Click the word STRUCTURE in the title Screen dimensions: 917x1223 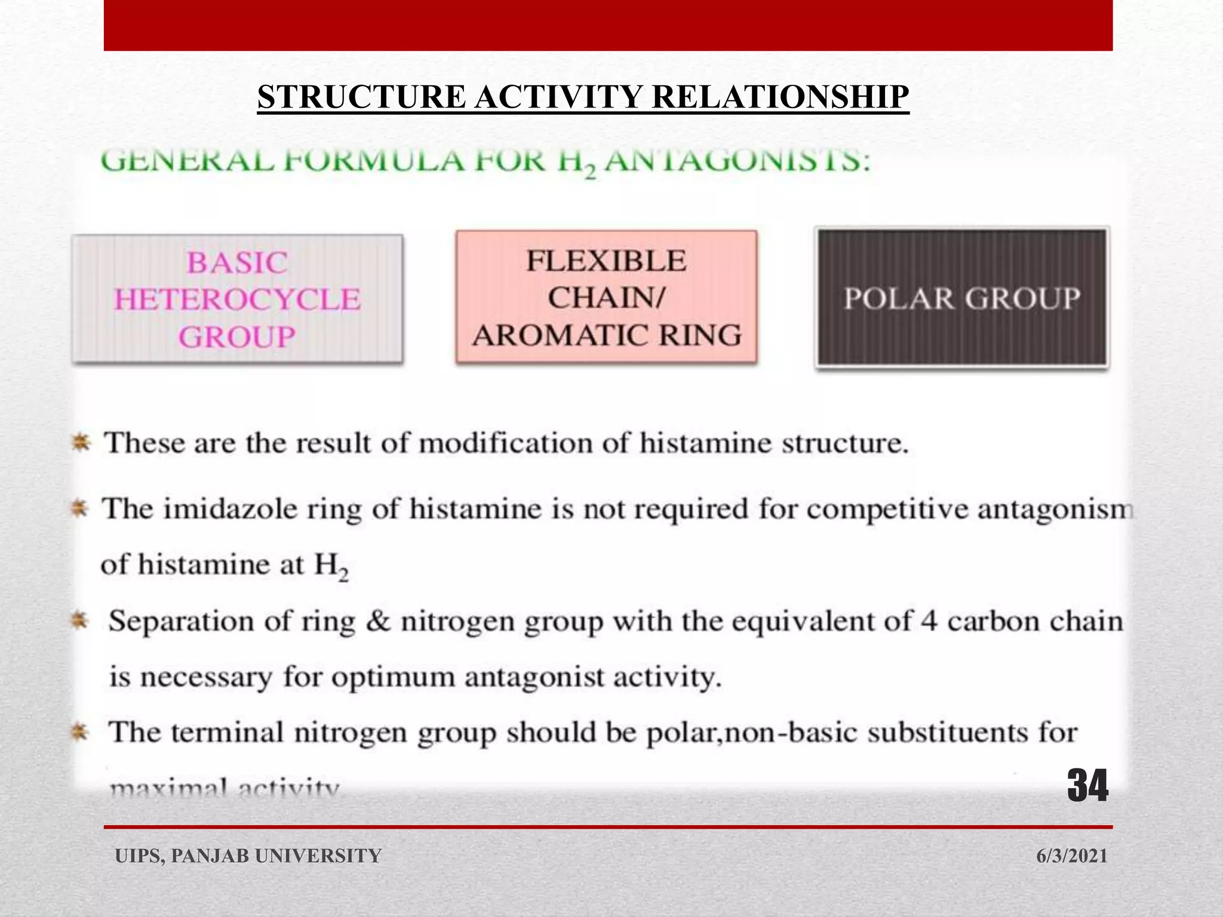361,97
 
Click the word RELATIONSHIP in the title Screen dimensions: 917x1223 780,97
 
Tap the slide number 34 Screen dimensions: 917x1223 1087,786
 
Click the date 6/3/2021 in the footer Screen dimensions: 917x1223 1072,856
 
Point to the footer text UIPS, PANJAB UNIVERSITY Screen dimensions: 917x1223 248,856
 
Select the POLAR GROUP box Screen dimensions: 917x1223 962,299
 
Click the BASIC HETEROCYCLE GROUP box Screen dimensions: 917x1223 238,299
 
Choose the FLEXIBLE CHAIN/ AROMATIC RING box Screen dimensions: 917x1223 606,298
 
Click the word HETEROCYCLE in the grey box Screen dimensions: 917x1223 238,300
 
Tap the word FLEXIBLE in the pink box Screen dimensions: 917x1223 606,261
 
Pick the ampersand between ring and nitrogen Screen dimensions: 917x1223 377,621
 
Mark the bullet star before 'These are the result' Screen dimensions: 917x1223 81,444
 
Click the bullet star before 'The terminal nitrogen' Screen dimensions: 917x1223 81,732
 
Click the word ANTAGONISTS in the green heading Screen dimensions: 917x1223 737,161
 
